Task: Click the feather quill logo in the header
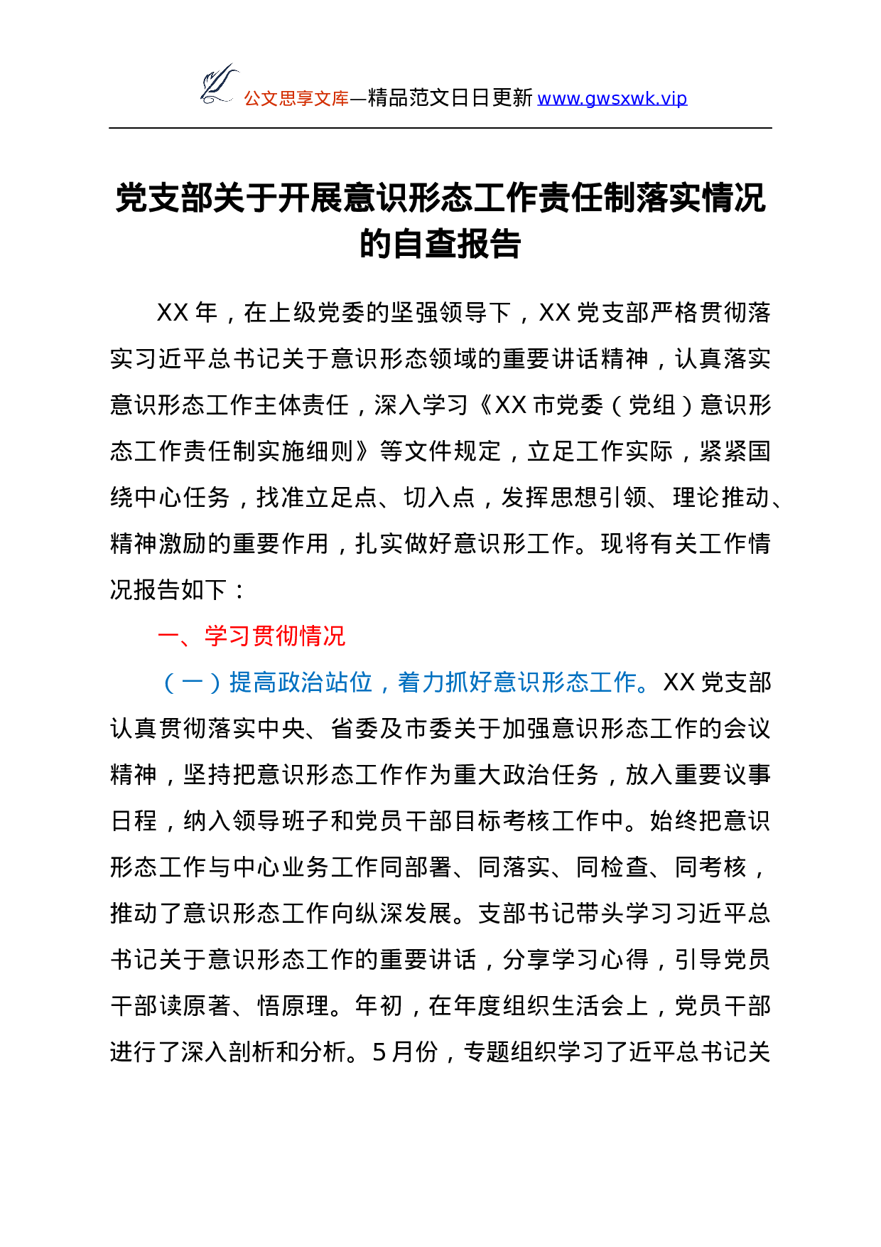(x=219, y=85)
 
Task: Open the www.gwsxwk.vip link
(x=612, y=98)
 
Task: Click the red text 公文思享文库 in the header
(x=296, y=98)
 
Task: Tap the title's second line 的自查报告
(x=440, y=244)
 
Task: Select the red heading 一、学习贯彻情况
(x=252, y=636)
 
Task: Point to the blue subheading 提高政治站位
(x=301, y=682)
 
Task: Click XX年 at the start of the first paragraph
(x=187, y=312)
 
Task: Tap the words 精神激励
(x=158, y=543)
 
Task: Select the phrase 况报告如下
(x=168, y=589)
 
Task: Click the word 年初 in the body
(x=379, y=1005)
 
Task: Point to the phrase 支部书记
(x=526, y=913)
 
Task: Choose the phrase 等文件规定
(x=440, y=451)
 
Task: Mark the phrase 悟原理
(x=293, y=1005)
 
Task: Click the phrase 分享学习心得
(x=575, y=959)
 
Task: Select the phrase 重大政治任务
(x=526, y=774)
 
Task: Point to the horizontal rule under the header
(x=440, y=128)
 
